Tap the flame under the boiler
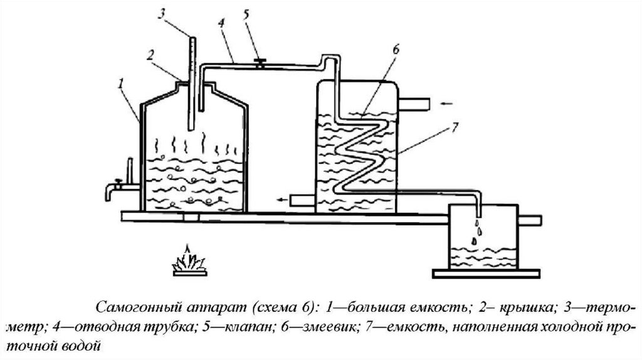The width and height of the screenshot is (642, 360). (189, 261)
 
